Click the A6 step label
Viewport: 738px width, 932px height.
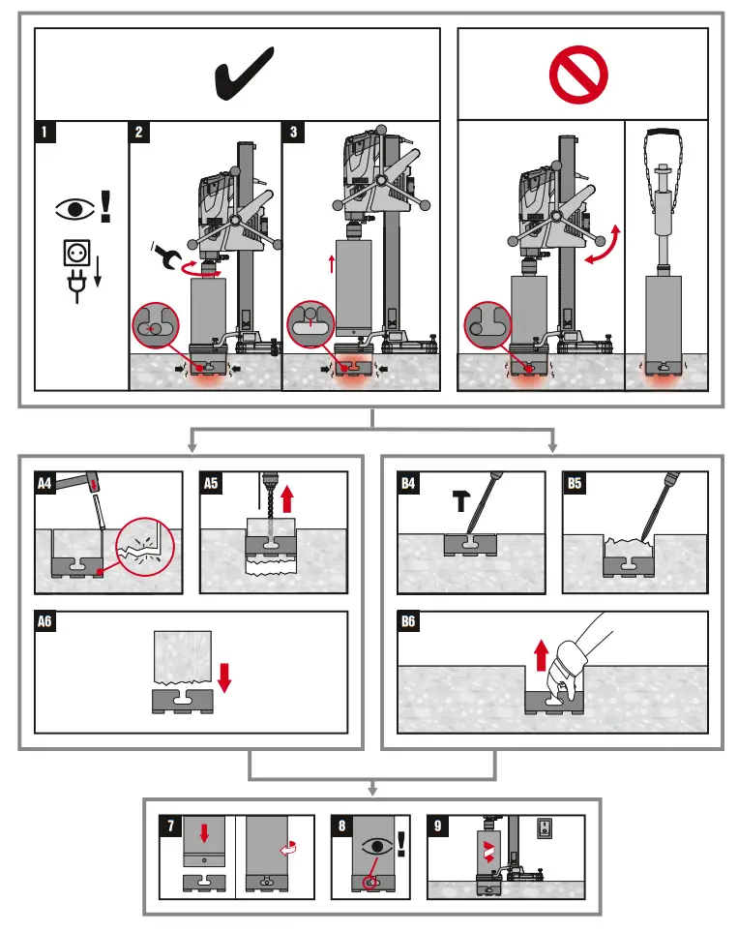45,622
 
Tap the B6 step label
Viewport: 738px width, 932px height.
409,622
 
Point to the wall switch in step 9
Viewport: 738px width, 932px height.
543,829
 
